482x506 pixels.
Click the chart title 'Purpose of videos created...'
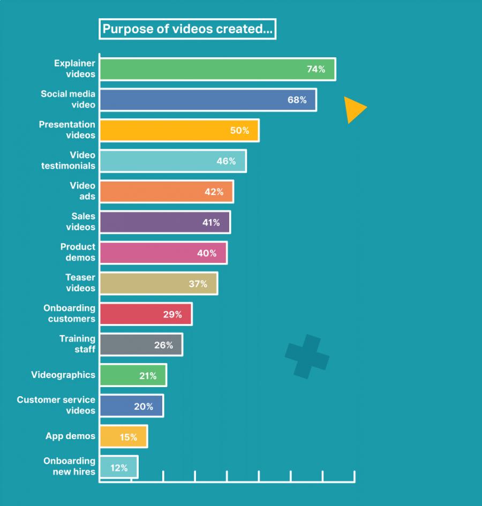(x=187, y=29)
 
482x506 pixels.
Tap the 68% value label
(x=297, y=100)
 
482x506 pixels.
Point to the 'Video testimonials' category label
(x=69, y=161)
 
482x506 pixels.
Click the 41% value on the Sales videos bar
(x=211, y=222)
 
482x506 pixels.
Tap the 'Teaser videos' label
(x=80, y=283)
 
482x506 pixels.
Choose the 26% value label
(x=163, y=345)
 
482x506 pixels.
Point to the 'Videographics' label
(x=63, y=375)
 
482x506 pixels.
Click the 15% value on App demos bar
(x=129, y=437)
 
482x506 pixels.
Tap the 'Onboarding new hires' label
(x=70, y=466)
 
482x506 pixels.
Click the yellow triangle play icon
(x=353, y=109)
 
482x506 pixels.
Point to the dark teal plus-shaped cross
(x=307, y=356)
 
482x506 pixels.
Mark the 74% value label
(x=316, y=69)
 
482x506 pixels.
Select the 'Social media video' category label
(x=68, y=99)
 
